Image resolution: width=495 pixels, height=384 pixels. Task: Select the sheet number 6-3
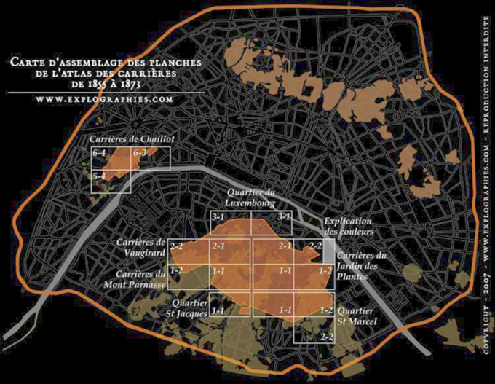[140, 153]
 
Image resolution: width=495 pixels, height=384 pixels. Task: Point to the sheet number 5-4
[99, 176]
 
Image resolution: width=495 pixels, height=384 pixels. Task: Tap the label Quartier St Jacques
[189, 309]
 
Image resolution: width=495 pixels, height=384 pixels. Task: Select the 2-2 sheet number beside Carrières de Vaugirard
[175, 247]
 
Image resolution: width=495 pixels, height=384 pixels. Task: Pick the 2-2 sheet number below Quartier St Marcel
[326, 336]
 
